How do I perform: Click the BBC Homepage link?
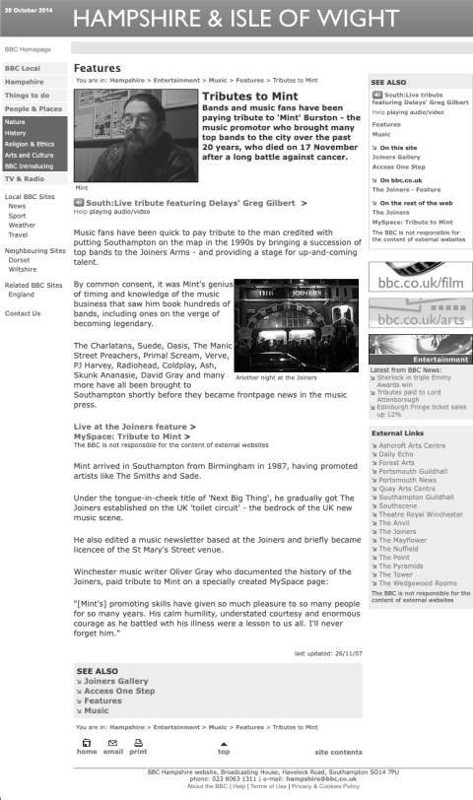point(28,47)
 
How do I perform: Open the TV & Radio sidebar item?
point(25,178)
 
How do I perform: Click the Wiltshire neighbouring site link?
point(23,268)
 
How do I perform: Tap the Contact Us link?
point(23,313)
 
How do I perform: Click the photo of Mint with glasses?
point(136,136)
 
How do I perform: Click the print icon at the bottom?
point(138,746)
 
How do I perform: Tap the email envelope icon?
point(112,746)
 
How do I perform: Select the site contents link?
point(338,752)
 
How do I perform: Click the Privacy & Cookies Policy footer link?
point(325,786)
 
